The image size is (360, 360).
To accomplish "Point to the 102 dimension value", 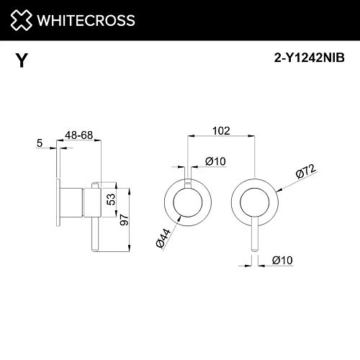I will click(221, 131).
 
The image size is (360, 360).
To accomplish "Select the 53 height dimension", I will click(111, 199).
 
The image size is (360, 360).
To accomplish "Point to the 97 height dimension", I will click(125, 220).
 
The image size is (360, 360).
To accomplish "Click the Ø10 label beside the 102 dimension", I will click(215, 161).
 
